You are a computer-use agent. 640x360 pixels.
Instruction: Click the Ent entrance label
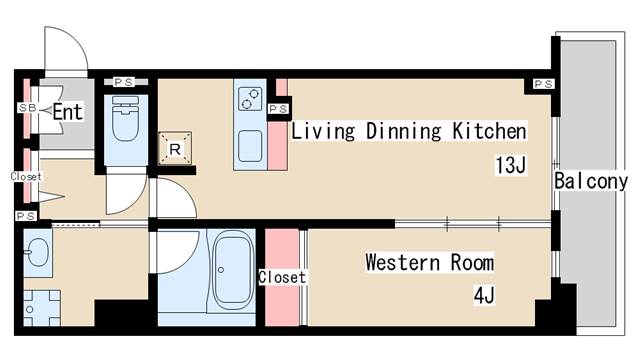(x=68, y=112)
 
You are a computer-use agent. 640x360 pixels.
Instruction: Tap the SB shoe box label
(x=27, y=108)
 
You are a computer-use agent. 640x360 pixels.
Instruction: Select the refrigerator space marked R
(x=175, y=149)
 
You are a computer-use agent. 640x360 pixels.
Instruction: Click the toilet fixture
(x=125, y=118)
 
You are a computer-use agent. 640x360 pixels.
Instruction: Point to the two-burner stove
(x=249, y=99)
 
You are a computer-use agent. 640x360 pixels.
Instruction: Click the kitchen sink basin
(x=250, y=146)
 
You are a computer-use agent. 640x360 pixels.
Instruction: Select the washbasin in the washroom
(x=38, y=253)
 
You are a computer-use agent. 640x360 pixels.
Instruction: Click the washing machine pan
(x=42, y=308)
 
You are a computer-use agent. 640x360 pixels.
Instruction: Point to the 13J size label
(x=510, y=165)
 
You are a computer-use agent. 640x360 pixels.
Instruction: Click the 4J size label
(x=484, y=295)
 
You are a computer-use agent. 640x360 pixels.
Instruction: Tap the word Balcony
(x=591, y=181)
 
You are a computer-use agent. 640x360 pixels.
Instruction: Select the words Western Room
(x=429, y=262)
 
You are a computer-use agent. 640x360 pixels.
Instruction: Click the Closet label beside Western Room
(x=282, y=278)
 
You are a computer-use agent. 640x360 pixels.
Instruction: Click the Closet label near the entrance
(x=26, y=177)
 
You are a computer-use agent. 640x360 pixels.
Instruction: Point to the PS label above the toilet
(x=124, y=82)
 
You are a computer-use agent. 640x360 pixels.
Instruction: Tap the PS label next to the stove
(x=278, y=109)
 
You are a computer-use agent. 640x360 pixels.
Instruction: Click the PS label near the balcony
(x=544, y=84)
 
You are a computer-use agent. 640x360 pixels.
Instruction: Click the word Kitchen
(x=489, y=131)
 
